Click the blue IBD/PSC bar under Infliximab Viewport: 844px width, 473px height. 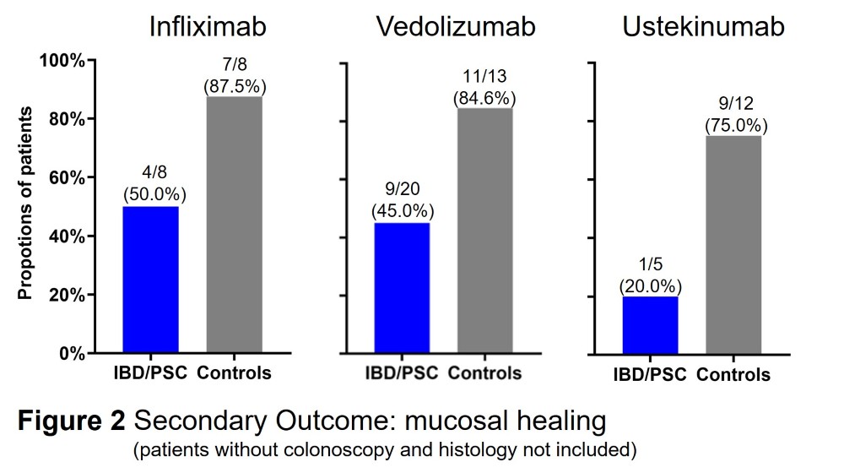150,280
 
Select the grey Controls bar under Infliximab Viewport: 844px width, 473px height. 234,225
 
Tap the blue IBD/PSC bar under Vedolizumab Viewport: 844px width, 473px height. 402,287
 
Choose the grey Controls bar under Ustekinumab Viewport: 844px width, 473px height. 733,244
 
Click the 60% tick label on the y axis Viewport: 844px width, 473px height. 63,178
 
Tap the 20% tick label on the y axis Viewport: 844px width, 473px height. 63,296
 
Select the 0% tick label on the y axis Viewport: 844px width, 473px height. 68,353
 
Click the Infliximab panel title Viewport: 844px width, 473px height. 208,26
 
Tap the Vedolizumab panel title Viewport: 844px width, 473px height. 456,26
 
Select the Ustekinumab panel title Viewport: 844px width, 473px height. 703,26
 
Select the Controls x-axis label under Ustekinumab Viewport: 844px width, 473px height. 733,374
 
